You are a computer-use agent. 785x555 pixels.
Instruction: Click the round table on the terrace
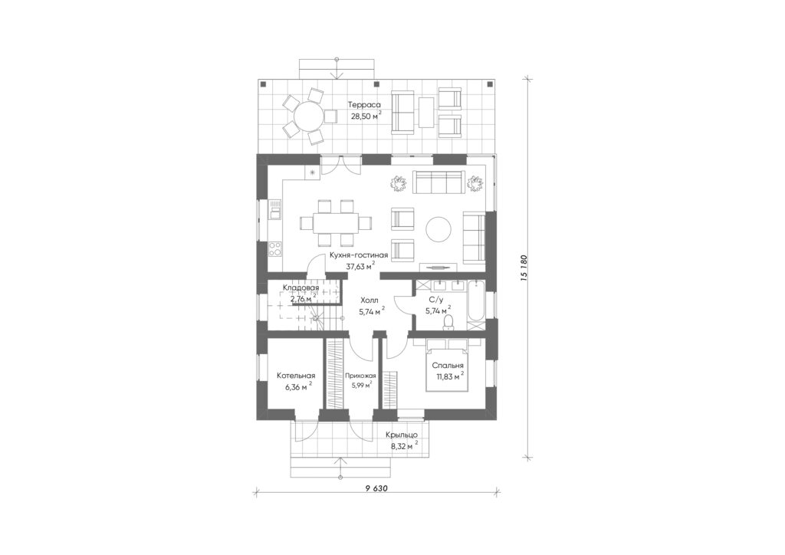pos(308,117)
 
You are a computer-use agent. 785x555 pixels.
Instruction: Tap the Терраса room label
pos(366,104)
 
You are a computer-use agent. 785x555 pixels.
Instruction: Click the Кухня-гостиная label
pos(359,255)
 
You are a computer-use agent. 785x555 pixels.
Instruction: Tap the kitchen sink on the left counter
pos(275,211)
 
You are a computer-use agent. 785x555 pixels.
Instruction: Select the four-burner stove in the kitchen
pos(275,248)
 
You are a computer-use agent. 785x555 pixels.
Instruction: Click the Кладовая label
pos(301,287)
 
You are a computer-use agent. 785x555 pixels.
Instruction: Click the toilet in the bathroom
pos(448,322)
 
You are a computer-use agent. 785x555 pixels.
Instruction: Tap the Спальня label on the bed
pos(448,366)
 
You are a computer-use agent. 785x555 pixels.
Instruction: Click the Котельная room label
pos(296,376)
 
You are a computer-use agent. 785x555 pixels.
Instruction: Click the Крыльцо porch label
pos(402,435)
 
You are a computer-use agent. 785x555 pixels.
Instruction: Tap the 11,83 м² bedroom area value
pos(448,377)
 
